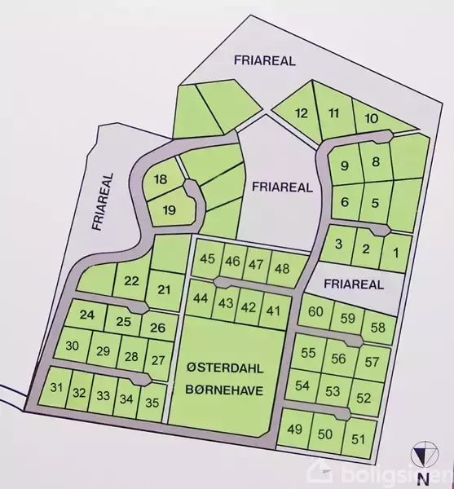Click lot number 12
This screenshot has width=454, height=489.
point(302,113)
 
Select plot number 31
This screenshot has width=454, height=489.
point(56,387)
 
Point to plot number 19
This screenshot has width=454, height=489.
point(170,210)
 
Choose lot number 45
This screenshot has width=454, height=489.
point(207,260)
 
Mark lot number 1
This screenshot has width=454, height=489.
point(396,252)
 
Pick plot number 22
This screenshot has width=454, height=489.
point(131,281)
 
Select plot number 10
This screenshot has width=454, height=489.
point(371,119)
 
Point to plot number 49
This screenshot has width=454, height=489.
point(295,430)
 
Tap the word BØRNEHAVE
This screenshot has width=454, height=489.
point(223,390)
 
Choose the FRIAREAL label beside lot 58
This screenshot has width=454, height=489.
point(353,284)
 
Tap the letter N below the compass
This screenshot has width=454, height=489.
point(423,478)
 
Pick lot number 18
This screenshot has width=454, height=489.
point(161,179)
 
